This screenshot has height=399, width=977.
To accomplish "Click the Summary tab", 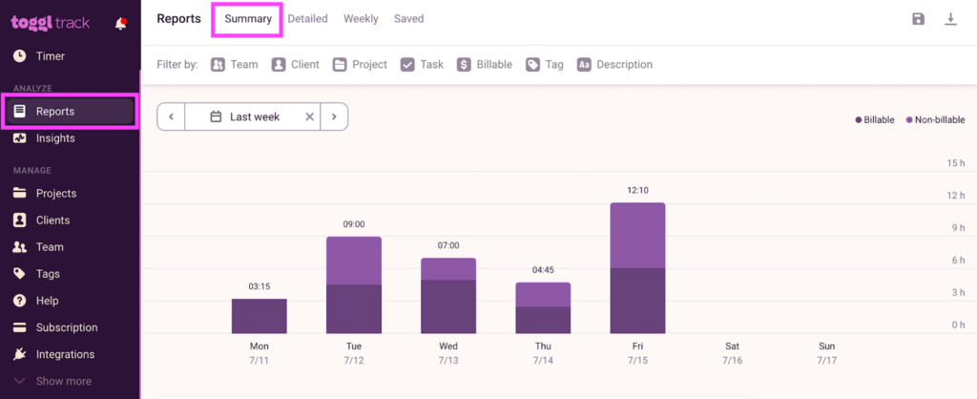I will point(248,18).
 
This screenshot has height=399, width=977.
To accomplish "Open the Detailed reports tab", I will point(307,18).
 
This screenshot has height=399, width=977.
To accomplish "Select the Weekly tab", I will point(361,18).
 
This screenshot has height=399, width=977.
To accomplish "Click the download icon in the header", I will point(950,19).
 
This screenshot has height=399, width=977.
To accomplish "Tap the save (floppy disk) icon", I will point(918,19).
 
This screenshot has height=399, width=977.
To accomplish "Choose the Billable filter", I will point(485,65).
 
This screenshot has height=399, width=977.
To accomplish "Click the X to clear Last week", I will point(309,116).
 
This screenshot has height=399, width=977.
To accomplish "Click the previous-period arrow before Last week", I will point(171,116).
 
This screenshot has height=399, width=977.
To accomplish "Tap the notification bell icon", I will point(120,24).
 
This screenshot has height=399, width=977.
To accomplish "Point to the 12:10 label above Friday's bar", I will point(637,191).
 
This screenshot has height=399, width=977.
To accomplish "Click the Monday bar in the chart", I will point(259,316).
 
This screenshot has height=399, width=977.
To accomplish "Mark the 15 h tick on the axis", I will point(956,163).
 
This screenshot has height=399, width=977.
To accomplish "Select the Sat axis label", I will point(732,346).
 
